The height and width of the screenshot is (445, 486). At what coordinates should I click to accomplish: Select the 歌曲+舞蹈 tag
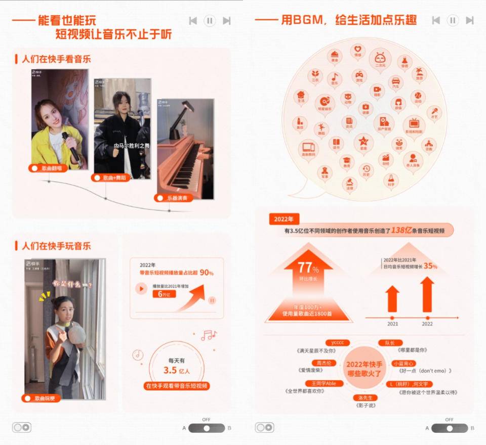point(111,177)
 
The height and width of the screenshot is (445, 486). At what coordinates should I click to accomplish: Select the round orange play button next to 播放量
point(141,289)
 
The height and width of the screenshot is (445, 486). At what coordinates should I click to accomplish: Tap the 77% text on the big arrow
point(308,268)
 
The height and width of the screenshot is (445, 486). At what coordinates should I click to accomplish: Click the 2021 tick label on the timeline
point(393,324)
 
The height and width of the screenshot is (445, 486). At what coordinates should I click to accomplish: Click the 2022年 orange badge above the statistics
point(283,219)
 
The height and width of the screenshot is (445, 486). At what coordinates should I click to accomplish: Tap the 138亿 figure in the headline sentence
point(403,230)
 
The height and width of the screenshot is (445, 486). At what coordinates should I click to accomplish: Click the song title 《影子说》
point(366,405)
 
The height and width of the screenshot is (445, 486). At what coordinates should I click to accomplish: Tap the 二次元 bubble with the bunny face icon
point(380,60)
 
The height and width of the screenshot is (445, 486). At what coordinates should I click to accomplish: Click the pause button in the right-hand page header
point(453,21)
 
